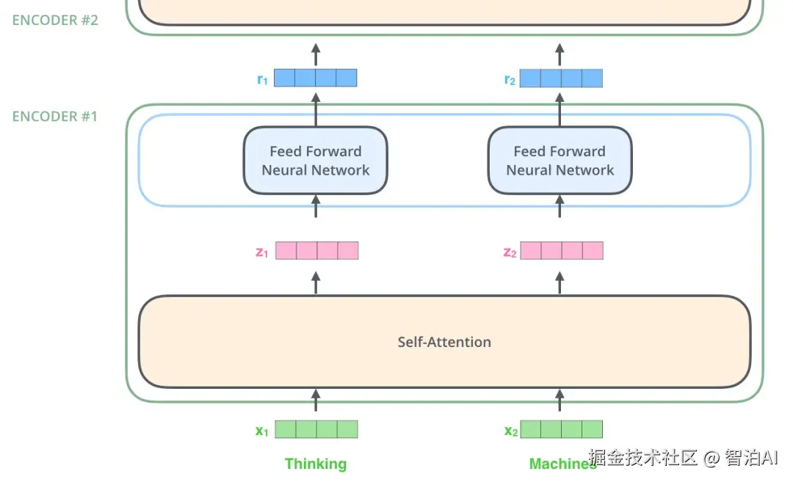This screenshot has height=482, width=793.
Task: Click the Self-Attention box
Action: coord(444,342)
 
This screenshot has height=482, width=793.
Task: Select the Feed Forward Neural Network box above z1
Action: coord(316,161)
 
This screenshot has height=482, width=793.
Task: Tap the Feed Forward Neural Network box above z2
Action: coord(560,161)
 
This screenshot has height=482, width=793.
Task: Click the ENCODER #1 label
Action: coord(55,116)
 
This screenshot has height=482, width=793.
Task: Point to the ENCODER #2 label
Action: coord(55,20)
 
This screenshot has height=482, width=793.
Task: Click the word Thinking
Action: coord(316,464)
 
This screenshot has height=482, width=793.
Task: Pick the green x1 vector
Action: coord(316,429)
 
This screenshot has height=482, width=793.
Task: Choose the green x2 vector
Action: coord(561,429)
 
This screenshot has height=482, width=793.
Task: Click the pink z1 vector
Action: coord(316,251)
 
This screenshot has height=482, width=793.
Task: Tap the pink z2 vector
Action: coord(562,251)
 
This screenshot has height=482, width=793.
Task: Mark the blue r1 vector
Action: coord(316,78)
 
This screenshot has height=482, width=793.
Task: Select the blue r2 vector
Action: coord(561,78)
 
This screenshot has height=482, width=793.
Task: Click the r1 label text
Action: coord(262,79)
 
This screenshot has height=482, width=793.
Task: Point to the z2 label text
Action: coord(510,252)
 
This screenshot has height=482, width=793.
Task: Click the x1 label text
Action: coord(261,431)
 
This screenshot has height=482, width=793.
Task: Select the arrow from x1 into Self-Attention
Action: coord(316,401)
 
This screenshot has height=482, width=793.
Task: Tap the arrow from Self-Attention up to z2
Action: coord(560,282)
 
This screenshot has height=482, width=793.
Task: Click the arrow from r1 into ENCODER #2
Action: coord(316,54)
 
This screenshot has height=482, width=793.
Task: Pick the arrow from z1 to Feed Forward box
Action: coord(316,207)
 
